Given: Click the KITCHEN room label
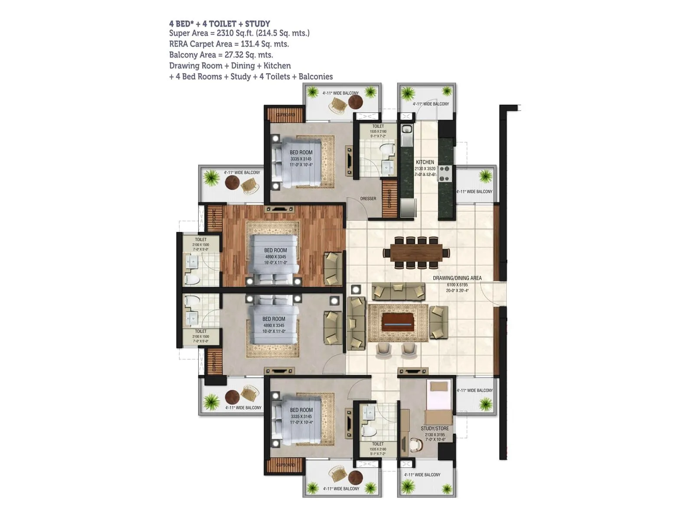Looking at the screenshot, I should click(425, 162).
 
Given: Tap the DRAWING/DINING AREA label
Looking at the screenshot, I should click(457, 278).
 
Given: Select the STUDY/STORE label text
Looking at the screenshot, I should click(435, 429).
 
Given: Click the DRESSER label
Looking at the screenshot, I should click(368, 198).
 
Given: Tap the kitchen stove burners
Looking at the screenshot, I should click(444, 173).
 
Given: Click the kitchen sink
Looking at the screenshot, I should click(406, 130).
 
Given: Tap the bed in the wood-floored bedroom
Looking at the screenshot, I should click(275, 259).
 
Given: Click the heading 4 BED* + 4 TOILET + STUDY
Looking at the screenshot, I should click(219, 24).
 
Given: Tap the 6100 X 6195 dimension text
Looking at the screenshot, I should click(457, 285).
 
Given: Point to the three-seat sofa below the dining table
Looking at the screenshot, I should click(398, 291).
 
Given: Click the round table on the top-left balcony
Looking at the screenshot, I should click(232, 183).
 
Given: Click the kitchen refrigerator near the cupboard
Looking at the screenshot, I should click(408, 208).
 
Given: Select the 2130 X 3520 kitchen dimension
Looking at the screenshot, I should click(425, 169).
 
